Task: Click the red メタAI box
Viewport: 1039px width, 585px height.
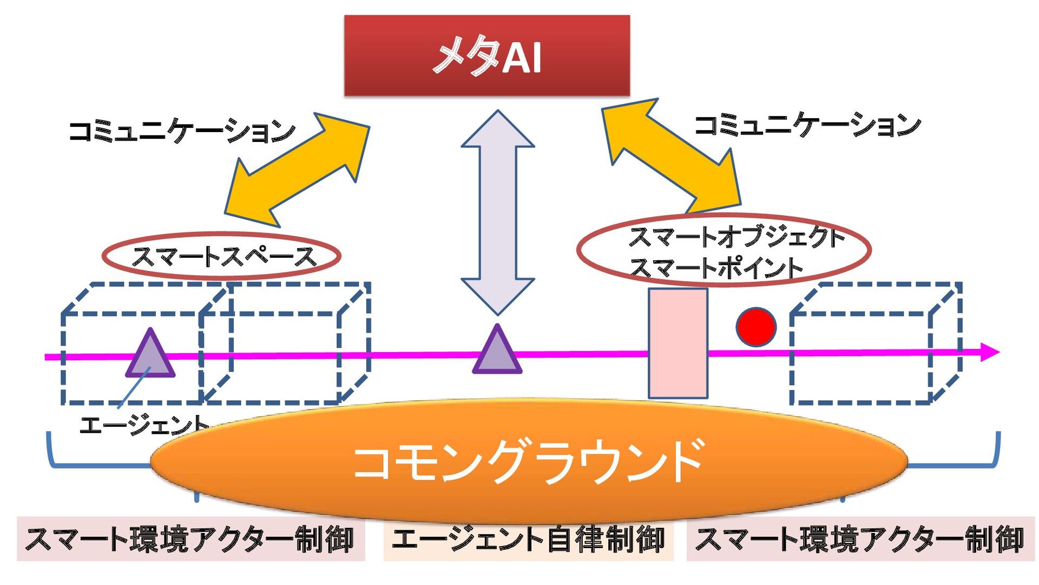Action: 486,55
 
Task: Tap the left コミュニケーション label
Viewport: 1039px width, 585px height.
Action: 182,131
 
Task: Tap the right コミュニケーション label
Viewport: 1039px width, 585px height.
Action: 806,125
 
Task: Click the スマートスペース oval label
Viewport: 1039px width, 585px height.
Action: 222,256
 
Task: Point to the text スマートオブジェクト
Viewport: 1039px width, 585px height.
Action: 736,237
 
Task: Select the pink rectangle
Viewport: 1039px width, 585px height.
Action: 678,343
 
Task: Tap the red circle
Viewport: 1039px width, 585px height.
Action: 756,327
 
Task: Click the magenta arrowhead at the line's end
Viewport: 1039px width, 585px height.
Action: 989,352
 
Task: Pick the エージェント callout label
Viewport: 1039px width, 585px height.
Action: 143,425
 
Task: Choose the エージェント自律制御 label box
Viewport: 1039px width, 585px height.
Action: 528,539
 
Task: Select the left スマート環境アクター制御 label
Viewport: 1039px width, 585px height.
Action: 190,539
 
